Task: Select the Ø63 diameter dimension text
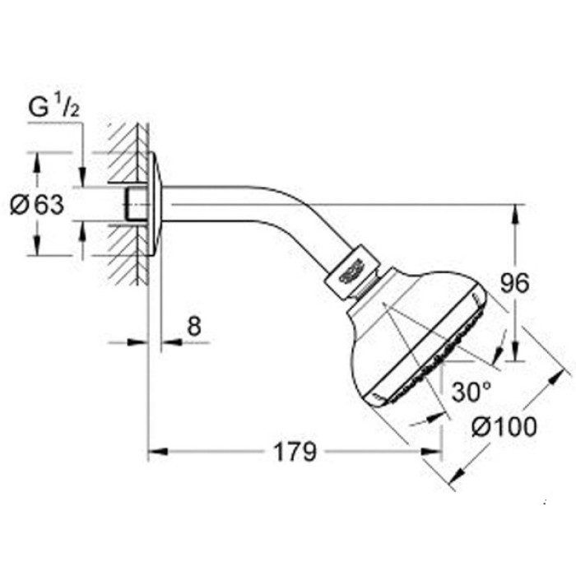pos(36,204)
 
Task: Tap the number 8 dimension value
pos(193,327)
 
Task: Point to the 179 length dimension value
pos(295,451)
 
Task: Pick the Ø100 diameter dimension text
pos(505,427)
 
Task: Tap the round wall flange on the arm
pos(155,203)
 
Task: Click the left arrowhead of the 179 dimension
pos(154,451)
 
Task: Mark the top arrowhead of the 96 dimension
pos(516,211)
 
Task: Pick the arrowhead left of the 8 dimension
pos(142,341)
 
